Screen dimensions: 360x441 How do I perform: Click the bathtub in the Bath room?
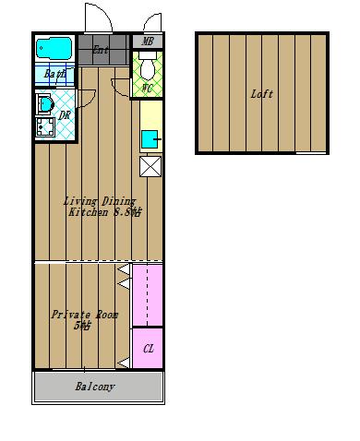tap(54, 48)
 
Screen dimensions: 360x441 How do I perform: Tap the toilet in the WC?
tap(148, 66)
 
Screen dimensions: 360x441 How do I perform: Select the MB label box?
tap(148, 42)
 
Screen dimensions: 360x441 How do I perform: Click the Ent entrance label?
tap(101, 50)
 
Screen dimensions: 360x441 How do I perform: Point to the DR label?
tap(65, 115)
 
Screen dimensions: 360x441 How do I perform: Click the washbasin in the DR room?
tap(45, 104)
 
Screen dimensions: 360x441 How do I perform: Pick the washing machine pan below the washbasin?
tap(45, 126)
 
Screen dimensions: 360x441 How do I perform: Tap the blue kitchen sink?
tap(150, 139)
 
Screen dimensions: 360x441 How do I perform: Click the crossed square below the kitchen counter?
tap(150, 167)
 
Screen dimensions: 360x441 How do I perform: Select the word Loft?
tap(262, 94)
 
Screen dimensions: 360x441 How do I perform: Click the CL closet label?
tap(149, 349)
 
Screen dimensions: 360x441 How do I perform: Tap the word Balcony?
tap(95, 387)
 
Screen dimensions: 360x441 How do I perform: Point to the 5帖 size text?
tap(82, 326)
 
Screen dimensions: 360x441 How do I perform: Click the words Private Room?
tap(85, 315)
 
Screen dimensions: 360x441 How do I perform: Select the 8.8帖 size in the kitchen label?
tap(127, 212)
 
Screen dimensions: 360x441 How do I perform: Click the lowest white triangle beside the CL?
tap(124, 363)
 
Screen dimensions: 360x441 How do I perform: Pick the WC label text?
tap(147, 89)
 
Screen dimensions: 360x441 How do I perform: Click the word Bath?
tap(54, 74)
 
